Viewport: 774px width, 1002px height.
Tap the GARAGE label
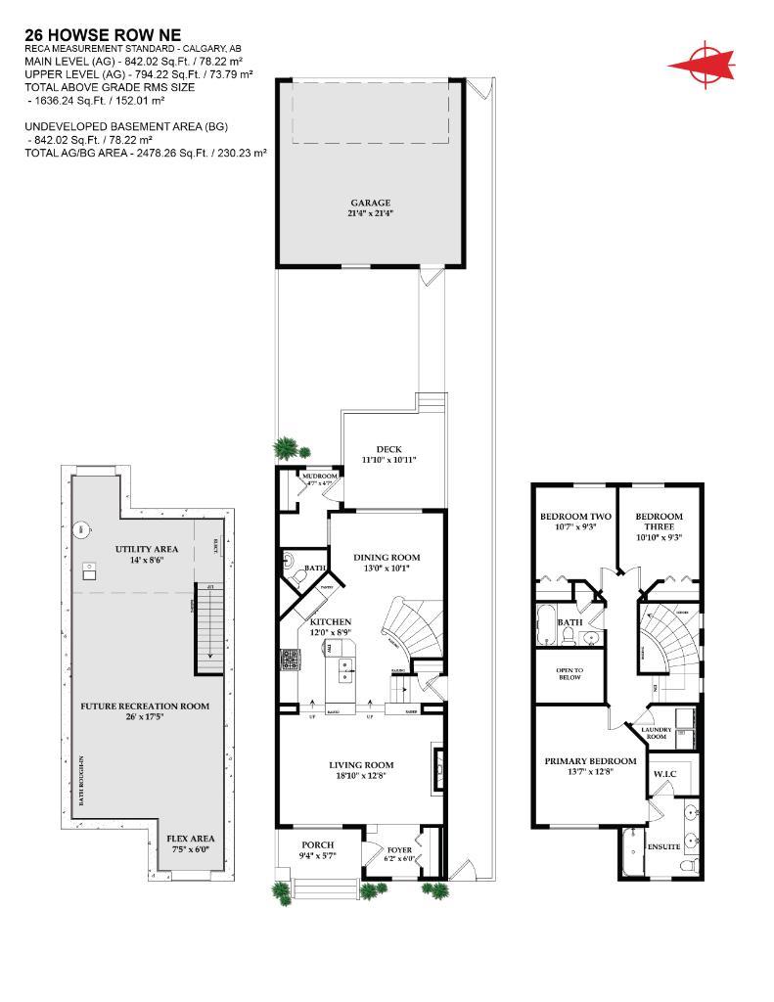370,203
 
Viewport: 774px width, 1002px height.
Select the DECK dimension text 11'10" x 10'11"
389,459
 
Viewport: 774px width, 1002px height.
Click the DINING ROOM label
387,557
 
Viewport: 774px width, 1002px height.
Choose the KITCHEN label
331,621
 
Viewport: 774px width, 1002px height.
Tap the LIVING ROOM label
360,764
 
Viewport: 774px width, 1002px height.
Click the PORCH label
317,844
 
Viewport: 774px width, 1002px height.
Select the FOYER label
399,849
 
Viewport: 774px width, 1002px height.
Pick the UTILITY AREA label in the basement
146,549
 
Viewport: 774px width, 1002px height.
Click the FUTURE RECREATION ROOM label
144,705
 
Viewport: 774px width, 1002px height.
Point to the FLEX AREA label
190,838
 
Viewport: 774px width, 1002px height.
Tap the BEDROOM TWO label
576,517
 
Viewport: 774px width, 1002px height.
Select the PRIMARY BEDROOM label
590,760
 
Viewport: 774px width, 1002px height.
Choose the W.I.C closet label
665,775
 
